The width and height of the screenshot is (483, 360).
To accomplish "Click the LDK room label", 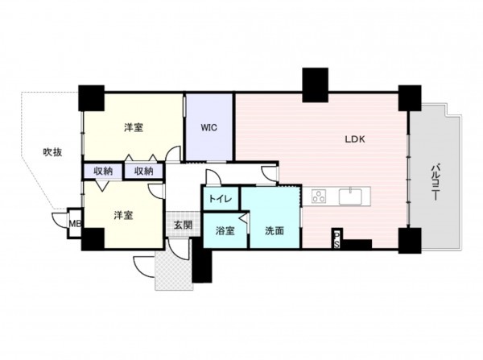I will click(x=355, y=139).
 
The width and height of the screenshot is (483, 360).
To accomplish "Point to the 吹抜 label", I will click(x=52, y=151).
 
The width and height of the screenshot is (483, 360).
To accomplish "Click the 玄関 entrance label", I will click(x=182, y=225).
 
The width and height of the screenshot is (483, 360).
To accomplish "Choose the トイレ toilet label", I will click(x=221, y=198).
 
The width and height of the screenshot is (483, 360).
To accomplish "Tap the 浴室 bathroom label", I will click(x=225, y=231).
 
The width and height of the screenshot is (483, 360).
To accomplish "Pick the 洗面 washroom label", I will click(x=275, y=231).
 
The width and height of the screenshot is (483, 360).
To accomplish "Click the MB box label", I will click(x=74, y=224).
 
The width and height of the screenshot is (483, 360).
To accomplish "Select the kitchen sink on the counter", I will click(x=353, y=196).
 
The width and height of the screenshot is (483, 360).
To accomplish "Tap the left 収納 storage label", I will click(x=102, y=171).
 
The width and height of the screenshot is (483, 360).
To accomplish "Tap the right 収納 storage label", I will click(x=143, y=171).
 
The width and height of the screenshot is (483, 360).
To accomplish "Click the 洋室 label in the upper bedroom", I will click(x=134, y=128).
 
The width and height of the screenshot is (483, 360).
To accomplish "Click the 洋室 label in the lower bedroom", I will click(x=122, y=215).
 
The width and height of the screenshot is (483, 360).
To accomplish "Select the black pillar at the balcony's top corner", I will click(x=410, y=98).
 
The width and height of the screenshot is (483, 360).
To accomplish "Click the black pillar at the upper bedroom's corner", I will click(x=91, y=97).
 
